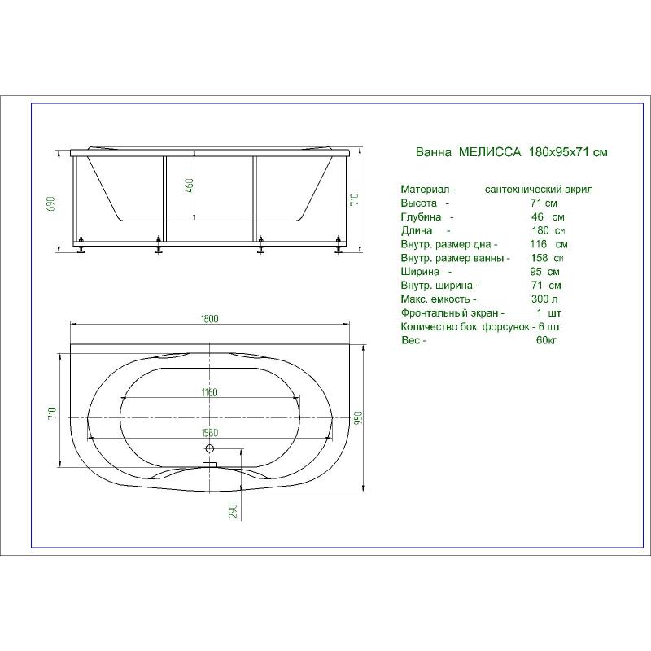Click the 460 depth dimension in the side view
tap(189, 187)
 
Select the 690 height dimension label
tap(51, 203)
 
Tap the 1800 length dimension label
tap(210, 319)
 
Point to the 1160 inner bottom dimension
tap(210, 392)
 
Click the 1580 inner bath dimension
tap(210, 433)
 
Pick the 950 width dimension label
tap(359, 417)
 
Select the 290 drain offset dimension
tap(234, 511)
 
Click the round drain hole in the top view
tap(210, 448)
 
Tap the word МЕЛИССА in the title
tap(490, 152)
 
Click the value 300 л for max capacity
tap(544, 299)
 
